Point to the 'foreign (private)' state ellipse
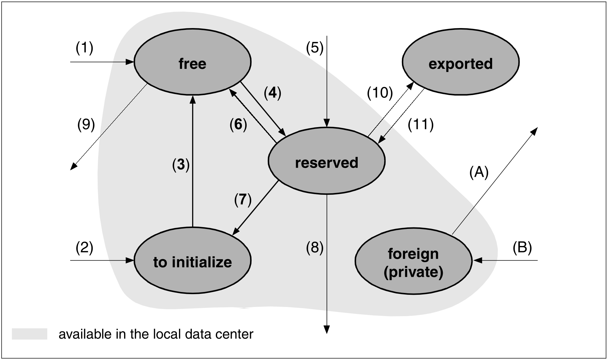point(413,261)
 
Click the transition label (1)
point(84,48)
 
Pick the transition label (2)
point(84,248)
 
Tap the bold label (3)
point(181,165)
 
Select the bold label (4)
point(272,93)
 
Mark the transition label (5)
point(315,48)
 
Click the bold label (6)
point(238,125)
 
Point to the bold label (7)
point(243,200)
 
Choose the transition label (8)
point(315,248)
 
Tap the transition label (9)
point(86,125)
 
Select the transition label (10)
point(380,93)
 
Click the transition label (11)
point(420,125)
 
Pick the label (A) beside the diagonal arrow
point(479,172)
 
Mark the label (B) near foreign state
point(522,248)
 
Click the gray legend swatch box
point(30,334)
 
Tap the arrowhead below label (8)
point(327,330)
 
